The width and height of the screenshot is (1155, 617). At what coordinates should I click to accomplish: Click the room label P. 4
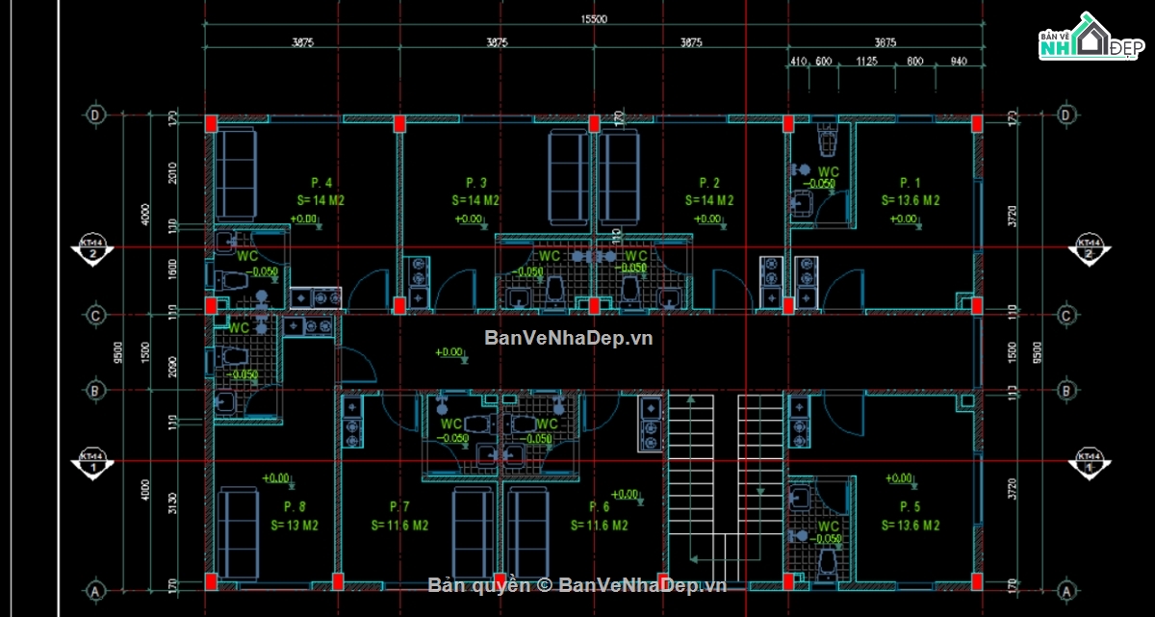pyautogui.click(x=321, y=183)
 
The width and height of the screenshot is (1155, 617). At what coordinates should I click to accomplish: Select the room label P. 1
pyautogui.click(x=910, y=183)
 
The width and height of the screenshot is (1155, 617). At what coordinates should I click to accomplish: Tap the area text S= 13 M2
pyautogui.click(x=294, y=526)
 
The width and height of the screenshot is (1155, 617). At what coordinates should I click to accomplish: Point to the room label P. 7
pyautogui.click(x=399, y=506)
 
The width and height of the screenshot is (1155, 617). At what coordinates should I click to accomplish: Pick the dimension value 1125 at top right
pyautogui.click(x=868, y=63)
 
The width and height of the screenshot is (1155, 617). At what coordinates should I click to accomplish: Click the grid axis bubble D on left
pyautogui.click(x=95, y=115)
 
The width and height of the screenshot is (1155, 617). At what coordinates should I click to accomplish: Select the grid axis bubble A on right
pyautogui.click(x=1065, y=589)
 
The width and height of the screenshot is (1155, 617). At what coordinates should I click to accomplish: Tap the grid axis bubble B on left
pyautogui.click(x=95, y=391)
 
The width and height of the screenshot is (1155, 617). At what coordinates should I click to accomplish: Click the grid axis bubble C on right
pyautogui.click(x=1065, y=315)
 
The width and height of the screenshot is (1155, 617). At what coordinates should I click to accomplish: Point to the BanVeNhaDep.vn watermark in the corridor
pyautogui.click(x=568, y=338)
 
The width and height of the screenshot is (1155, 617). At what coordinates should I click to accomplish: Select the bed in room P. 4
pyautogui.click(x=234, y=175)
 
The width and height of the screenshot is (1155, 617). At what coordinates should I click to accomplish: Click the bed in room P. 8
pyautogui.click(x=238, y=532)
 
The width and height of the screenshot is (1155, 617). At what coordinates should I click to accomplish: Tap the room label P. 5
pyautogui.click(x=910, y=506)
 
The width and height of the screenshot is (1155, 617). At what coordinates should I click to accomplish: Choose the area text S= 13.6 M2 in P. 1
pyautogui.click(x=910, y=201)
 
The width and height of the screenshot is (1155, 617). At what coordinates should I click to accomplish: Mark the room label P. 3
pyautogui.click(x=475, y=183)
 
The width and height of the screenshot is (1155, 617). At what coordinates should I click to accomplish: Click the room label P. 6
pyautogui.click(x=599, y=506)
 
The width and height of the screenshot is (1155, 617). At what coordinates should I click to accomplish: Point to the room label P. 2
pyautogui.click(x=709, y=183)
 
